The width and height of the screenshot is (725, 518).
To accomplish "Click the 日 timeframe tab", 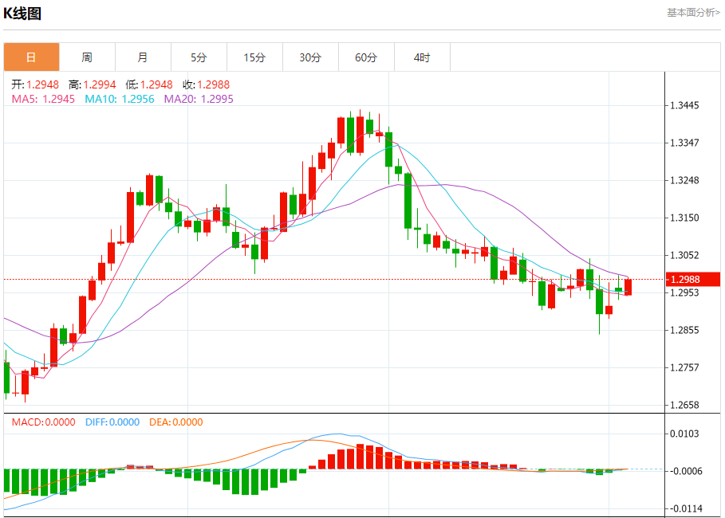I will (x=31, y=57).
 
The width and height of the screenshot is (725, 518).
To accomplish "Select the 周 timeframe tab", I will (x=87, y=57).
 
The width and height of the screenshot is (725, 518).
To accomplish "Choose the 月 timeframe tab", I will (x=143, y=57).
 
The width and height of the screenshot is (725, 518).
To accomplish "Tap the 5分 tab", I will (x=199, y=57).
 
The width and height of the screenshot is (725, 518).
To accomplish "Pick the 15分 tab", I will (x=254, y=57).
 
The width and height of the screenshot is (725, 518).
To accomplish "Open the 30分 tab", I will (x=310, y=57).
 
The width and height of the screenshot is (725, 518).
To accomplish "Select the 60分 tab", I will (x=366, y=57).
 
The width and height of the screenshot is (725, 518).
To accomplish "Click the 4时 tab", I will (x=422, y=57).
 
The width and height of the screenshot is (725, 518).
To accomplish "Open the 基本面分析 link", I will (x=693, y=13).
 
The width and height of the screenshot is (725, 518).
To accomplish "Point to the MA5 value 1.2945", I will (x=59, y=99).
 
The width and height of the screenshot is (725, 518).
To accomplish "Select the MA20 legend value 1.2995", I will (x=216, y=99).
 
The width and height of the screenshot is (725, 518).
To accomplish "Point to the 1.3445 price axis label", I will (x=686, y=105).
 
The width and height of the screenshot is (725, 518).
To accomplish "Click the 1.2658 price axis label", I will (x=686, y=405).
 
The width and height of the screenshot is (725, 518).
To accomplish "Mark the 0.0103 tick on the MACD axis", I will (x=686, y=434).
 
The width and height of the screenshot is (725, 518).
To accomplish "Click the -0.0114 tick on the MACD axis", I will (x=686, y=508).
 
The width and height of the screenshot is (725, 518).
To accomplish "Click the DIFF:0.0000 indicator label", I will (x=112, y=422).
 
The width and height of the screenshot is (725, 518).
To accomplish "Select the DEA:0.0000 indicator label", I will (x=176, y=422).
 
